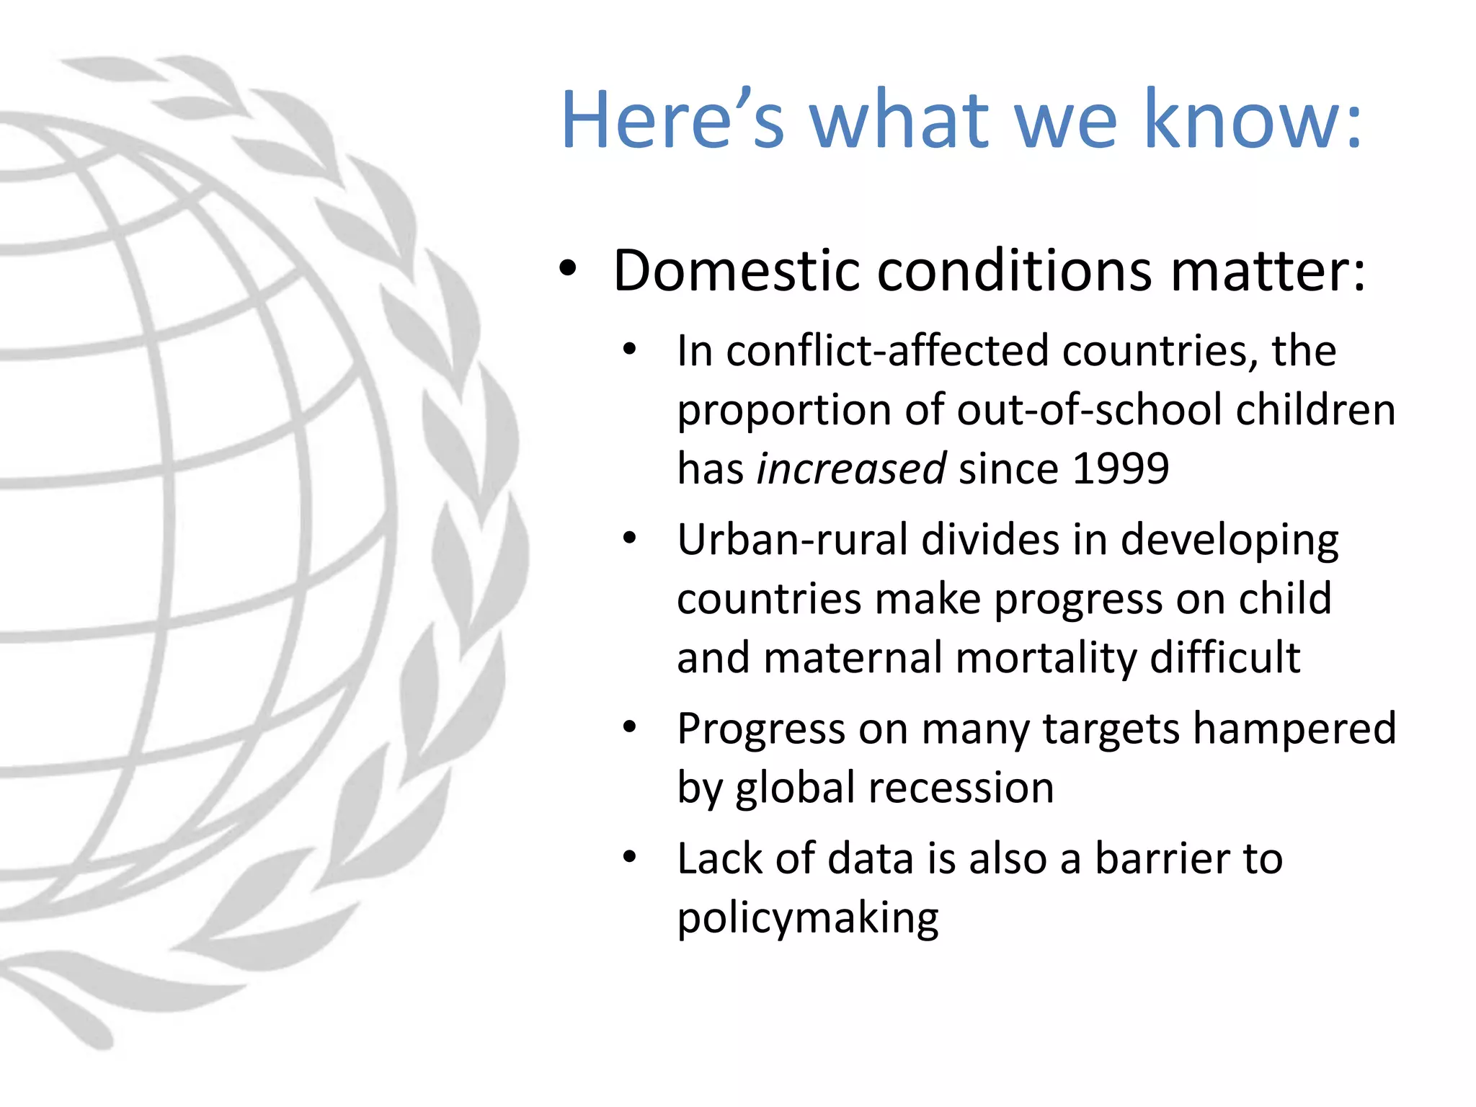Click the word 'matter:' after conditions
tap(1268, 271)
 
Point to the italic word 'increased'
tap(851, 468)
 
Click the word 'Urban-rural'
tap(792, 540)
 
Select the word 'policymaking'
tap(808, 918)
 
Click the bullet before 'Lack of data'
tap(630, 857)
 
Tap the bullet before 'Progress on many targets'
tap(630, 726)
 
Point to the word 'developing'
tap(1230, 540)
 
